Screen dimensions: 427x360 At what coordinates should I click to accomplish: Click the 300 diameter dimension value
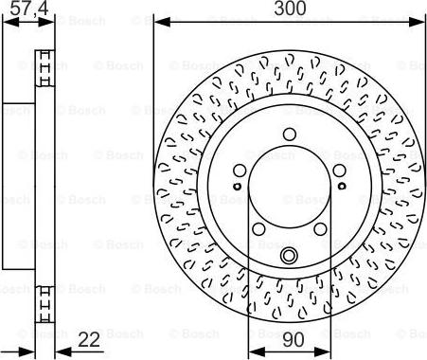click(x=290, y=9)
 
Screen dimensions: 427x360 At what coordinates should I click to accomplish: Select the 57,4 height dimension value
click(x=29, y=9)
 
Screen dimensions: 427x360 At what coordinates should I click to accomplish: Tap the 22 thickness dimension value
click(x=89, y=340)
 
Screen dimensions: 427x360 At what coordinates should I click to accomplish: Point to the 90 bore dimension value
click(x=294, y=340)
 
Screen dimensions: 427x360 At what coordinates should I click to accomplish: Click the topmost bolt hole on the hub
click(x=290, y=135)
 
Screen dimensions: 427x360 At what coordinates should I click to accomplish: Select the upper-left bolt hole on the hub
click(x=240, y=171)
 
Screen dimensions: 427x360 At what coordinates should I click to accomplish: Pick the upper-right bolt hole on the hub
click(x=339, y=171)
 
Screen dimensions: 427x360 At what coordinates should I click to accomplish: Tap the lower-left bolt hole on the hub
click(x=259, y=229)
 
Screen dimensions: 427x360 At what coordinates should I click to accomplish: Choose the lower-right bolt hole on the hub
click(x=320, y=229)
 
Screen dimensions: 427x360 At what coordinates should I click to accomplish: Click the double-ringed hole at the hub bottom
click(x=289, y=256)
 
